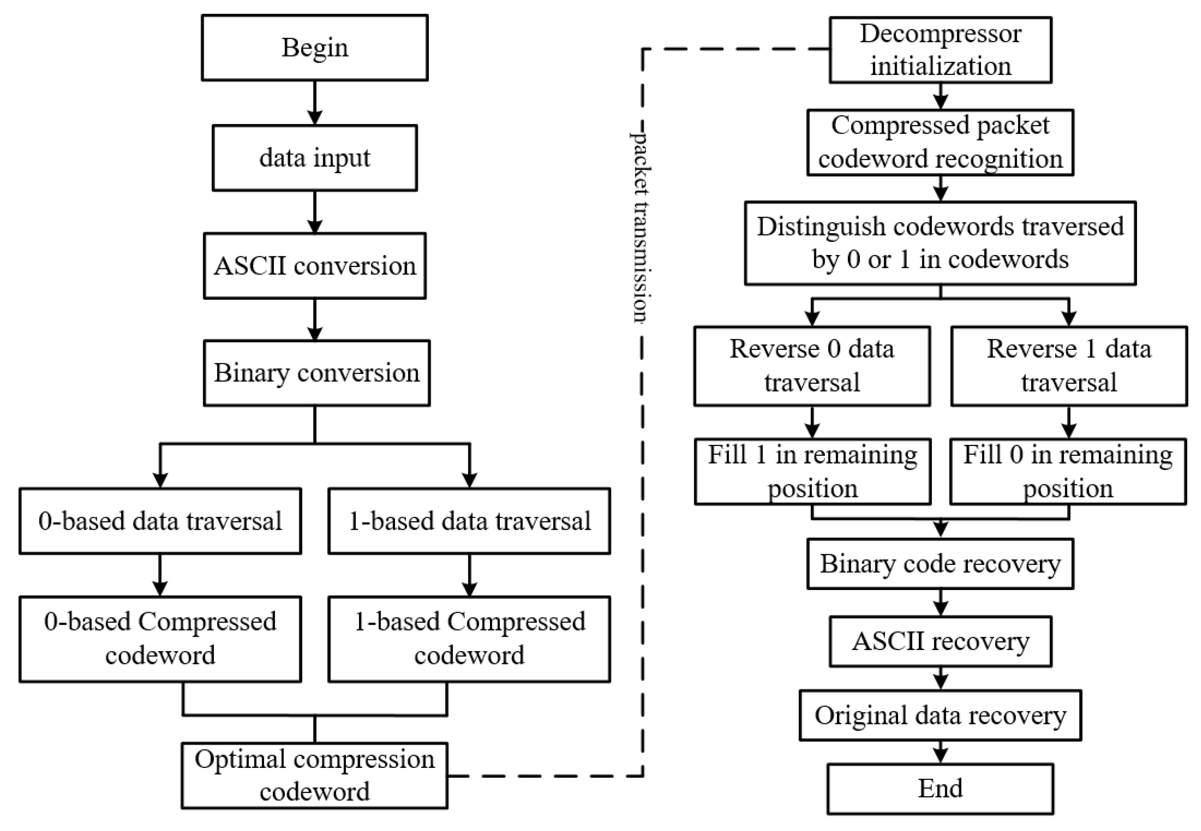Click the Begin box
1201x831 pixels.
point(314,48)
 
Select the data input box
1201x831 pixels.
point(314,158)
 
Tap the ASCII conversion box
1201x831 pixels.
point(314,266)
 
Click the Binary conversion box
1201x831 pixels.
point(316,373)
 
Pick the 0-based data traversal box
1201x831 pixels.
point(160,521)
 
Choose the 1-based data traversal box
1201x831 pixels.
point(469,521)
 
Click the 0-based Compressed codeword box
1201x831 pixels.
point(160,639)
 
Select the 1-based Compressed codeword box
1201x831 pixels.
point(469,639)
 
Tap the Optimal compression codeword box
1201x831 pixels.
point(314,775)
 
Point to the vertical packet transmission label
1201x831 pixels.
point(640,227)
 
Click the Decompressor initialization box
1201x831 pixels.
point(940,50)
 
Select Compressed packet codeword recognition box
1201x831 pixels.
point(940,142)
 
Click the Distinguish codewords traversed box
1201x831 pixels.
point(940,243)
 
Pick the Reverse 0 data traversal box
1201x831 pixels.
point(811,366)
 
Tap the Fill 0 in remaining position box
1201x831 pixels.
point(1068,472)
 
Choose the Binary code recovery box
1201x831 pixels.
point(940,564)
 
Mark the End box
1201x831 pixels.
point(940,789)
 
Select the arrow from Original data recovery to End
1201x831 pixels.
point(940,752)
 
